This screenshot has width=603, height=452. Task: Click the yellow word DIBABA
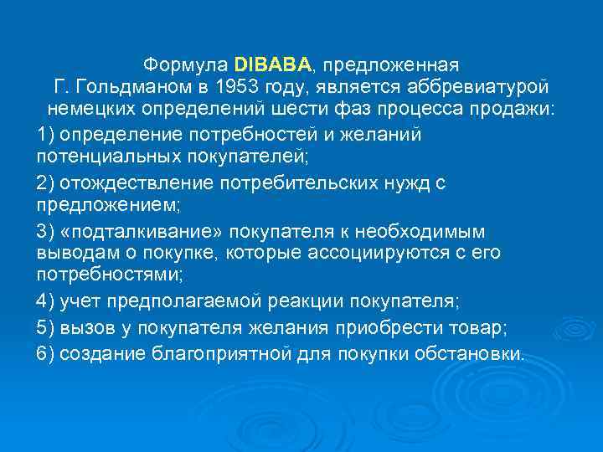(x=273, y=64)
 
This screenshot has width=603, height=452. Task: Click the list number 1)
(x=48, y=134)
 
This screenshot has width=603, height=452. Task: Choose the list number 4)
(x=48, y=300)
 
